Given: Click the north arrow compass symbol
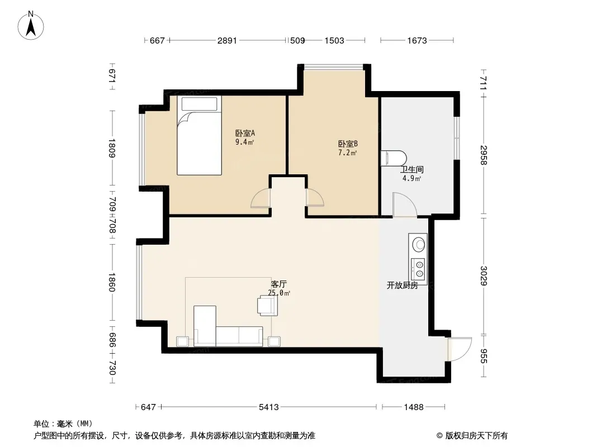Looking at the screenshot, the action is (x=31, y=26).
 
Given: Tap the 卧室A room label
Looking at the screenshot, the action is (x=245, y=134).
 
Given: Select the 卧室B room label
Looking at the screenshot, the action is (x=348, y=144).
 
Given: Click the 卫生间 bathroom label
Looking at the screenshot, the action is (x=412, y=170).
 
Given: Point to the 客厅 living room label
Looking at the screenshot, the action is (x=279, y=284).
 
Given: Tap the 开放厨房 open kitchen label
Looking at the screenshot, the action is (x=402, y=285).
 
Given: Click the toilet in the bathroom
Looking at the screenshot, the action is (x=394, y=158).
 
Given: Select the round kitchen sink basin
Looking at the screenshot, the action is (x=419, y=244).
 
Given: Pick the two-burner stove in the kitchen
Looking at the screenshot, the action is (x=418, y=269).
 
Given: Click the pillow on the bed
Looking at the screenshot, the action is (x=199, y=104).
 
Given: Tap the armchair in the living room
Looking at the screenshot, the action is (x=268, y=305).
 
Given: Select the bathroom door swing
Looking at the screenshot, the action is (x=405, y=205).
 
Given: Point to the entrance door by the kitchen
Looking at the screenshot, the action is (x=460, y=349).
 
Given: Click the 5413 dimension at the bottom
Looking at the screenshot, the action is (x=269, y=407).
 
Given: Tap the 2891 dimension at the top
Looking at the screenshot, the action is (x=227, y=40).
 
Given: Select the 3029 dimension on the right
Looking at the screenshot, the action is (x=484, y=275).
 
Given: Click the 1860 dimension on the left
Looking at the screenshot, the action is (x=111, y=282).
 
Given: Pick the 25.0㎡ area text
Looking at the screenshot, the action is (x=279, y=293).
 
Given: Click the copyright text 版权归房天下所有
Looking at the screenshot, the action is (x=476, y=436).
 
